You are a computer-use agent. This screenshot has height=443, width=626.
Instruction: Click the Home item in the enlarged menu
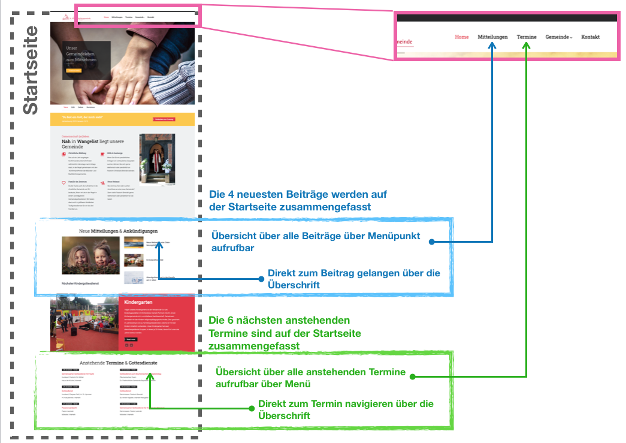pos(461,37)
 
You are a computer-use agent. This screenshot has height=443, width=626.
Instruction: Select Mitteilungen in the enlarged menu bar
pos(492,37)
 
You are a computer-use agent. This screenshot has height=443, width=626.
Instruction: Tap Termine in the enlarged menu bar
pos(527,37)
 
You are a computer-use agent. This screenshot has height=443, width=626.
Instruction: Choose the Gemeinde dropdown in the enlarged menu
pos(558,37)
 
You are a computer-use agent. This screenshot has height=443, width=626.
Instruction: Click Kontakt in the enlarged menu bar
pos(590,37)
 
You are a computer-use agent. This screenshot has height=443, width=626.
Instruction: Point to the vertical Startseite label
pos(31,70)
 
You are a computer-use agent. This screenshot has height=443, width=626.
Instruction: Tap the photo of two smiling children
pos(90,255)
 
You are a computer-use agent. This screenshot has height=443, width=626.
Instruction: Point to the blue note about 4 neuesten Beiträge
pos(298,200)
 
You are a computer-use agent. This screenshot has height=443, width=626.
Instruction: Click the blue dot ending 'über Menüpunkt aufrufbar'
pos(431,242)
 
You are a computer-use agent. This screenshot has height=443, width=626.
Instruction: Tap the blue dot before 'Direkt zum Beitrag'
pos(261,279)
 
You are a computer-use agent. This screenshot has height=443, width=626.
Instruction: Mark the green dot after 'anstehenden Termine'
pos(414,377)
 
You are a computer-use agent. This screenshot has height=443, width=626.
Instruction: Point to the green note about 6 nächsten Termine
pos(285,333)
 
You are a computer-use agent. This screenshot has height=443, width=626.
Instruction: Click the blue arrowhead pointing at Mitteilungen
pos(492,46)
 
